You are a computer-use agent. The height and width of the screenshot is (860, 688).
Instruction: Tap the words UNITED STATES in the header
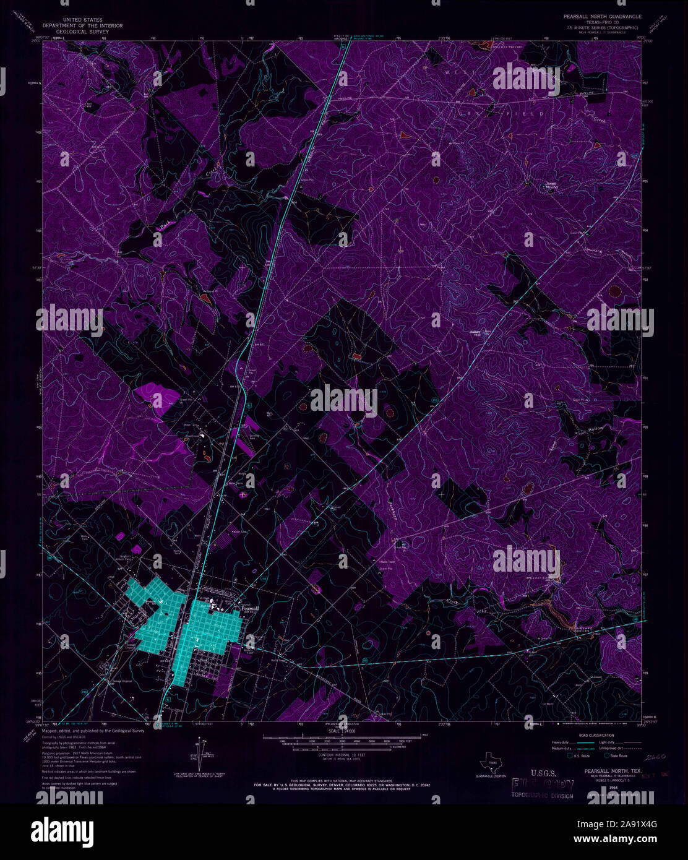(x=82, y=20)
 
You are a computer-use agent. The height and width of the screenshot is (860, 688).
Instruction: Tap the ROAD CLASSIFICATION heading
(x=593, y=735)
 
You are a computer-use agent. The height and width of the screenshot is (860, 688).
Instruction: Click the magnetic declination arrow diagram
(x=194, y=758)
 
